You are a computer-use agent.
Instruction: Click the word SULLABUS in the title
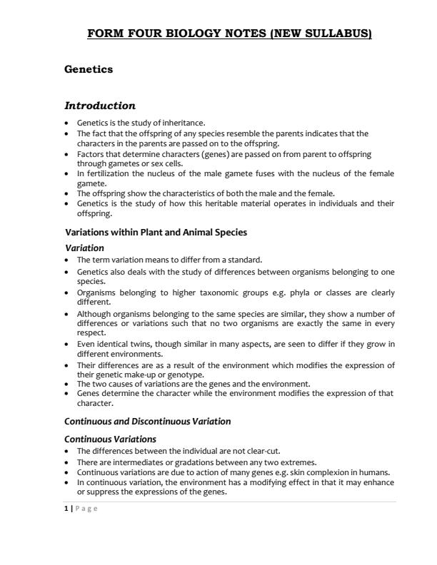338,34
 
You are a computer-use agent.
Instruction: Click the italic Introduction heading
100,106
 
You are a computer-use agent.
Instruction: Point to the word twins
133,344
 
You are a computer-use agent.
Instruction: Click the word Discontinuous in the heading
157,421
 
